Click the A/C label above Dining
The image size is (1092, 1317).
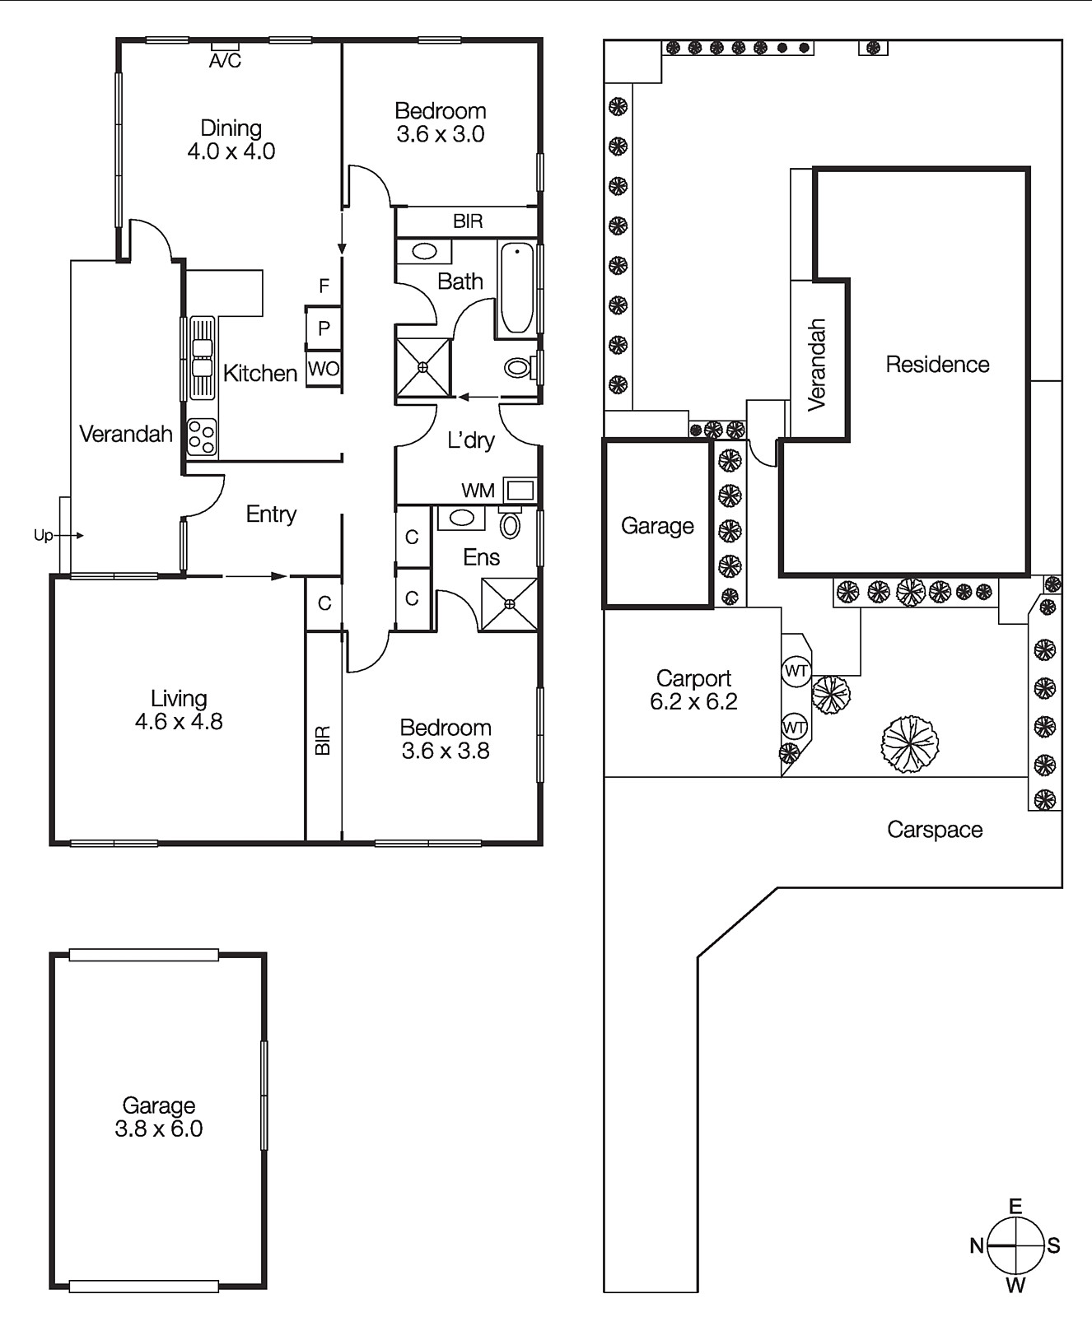tap(225, 61)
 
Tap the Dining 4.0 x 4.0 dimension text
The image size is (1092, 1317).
tap(231, 151)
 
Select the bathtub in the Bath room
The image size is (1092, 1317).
tap(517, 287)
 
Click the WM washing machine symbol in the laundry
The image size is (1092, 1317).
tap(520, 491)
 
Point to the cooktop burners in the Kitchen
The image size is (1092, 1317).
tap(202, 436)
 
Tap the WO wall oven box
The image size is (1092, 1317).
tap(324, 369)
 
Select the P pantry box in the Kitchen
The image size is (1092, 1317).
tap(324, 328)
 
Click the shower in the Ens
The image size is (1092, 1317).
tap(509, 604)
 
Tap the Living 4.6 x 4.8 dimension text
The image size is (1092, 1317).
tap(179, 722)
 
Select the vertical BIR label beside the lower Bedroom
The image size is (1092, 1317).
tap(323, 740)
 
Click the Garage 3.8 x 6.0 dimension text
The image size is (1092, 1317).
tap(159, 1129)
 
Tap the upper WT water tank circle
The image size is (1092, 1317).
tap(796, 671)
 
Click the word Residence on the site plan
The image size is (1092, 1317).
tap(937, 365)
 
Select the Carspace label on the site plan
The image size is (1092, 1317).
tap(935, 830)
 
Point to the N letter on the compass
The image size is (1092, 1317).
tap(977, 1245)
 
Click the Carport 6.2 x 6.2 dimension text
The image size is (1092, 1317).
tap(693, 702)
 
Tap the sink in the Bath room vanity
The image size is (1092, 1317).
tap(425, 251)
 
